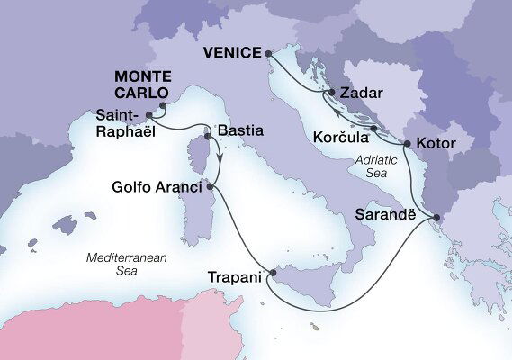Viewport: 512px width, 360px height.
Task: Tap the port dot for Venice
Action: [x=269, y=53]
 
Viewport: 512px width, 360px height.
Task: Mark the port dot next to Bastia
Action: [x=209, y=137]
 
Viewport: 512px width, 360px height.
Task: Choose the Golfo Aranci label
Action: [x=158, y=188]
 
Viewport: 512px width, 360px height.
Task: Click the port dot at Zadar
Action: [x=333, y=93]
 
